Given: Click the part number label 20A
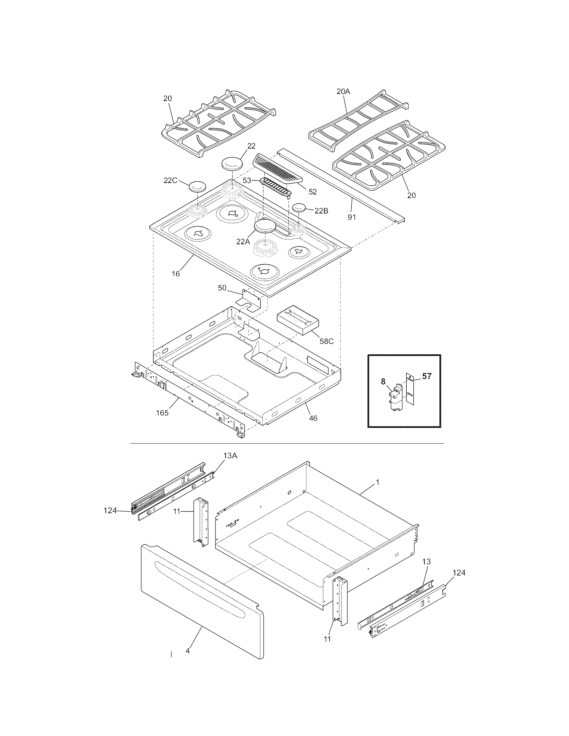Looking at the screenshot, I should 343,91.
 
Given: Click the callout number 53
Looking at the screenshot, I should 247,181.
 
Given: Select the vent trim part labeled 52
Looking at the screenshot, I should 276,169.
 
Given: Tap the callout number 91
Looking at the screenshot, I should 352,217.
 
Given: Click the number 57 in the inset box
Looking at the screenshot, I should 427,376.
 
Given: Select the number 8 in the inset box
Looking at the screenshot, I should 383,381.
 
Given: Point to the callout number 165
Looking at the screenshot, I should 162,413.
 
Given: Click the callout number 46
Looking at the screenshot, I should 313,418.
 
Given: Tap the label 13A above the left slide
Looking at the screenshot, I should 231,456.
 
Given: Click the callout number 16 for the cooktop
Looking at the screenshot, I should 176,274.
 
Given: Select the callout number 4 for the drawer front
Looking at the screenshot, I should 188,651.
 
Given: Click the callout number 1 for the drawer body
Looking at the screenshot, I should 378,482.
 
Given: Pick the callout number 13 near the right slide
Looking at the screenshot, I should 426,562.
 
